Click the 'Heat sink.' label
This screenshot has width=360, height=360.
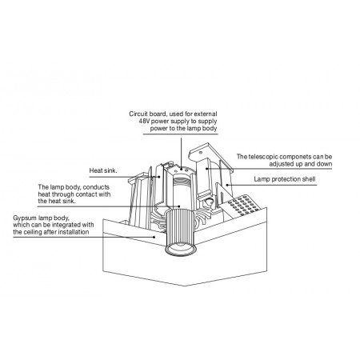[103, 170]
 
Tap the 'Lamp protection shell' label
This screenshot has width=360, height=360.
[285, 179]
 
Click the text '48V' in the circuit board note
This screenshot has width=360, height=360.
[144, 122]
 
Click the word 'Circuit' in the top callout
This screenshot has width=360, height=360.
[138, 114]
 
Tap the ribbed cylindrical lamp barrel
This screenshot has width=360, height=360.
[181, 226]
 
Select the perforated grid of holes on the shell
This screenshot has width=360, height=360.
[243, 205]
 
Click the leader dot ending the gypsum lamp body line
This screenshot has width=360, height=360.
[154, 237]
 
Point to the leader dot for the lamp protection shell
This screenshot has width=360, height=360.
[227, 184]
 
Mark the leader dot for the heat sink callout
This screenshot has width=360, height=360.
[159, 176]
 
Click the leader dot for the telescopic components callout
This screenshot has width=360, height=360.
[206, 169]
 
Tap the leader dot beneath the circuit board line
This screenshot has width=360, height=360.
[182, 169]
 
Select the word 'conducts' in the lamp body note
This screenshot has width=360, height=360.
[96, 187]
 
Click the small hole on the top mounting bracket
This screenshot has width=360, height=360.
[200, 153]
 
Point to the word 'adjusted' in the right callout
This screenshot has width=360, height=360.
[282, 164]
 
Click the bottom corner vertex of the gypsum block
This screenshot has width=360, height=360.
[185, 286]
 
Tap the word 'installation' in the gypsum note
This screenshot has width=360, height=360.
[74, 232]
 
